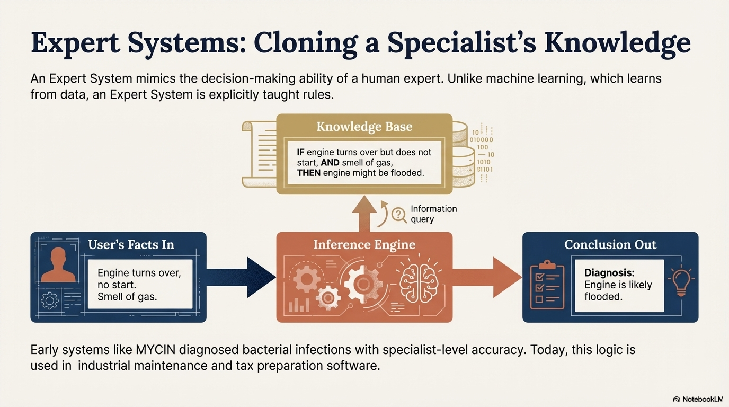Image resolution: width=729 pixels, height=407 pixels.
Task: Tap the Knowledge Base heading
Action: pos(364,126)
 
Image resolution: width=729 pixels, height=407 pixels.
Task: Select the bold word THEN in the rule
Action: pos(308,173)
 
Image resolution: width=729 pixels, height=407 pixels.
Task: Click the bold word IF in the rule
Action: pos(300,152)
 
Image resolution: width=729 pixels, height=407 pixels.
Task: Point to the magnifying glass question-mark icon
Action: pos(399,215)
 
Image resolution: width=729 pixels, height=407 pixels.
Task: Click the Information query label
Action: pos(433,214)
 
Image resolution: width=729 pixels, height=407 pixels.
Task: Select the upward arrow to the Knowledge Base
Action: pos(364,214)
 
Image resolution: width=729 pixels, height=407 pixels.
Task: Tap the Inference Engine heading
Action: pos(364,244)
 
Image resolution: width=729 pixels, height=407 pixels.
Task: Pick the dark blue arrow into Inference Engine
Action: pos(241,277)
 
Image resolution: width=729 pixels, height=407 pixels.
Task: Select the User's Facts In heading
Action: pos(131,244)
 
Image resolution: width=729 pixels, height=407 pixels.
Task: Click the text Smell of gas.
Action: pos(127,297)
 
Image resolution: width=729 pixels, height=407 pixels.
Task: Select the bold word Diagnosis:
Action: pos(610,272)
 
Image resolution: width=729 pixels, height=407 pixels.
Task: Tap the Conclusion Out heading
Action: pos(610,244)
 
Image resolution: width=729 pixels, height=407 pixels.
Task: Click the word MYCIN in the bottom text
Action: pos(156,350)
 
